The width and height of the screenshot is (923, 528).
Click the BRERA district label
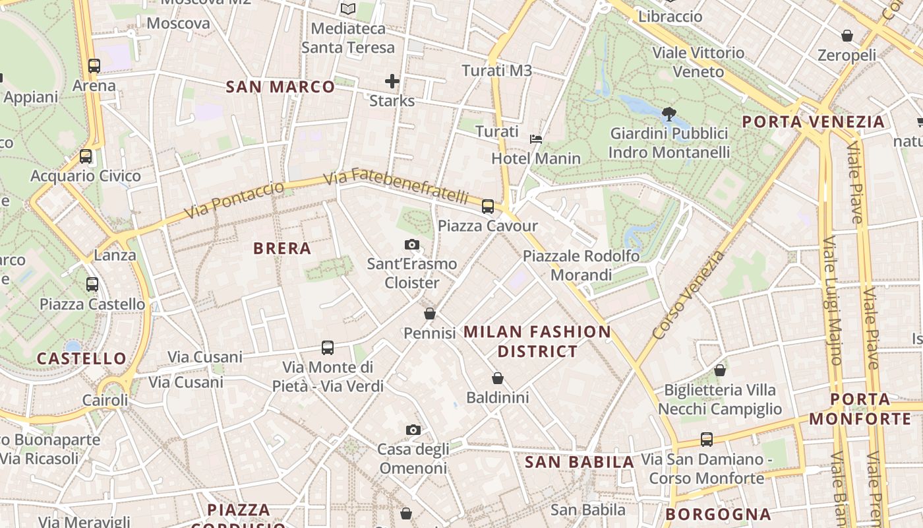[282, 248]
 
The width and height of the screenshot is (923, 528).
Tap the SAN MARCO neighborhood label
[280, 86]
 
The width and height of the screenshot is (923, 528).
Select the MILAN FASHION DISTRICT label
[537, 341]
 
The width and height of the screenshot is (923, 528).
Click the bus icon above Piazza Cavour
[488, 207]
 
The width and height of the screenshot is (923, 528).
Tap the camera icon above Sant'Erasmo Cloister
[412, 245]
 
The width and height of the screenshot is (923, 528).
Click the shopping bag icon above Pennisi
[430, 313]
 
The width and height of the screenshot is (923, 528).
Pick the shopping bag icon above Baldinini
[498, 378]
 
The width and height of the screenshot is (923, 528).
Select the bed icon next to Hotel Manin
[536, 139]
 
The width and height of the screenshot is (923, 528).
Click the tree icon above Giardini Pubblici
[669, 114]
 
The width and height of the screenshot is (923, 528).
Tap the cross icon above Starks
[392, 81]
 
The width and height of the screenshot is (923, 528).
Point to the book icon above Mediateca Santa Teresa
[347, 9]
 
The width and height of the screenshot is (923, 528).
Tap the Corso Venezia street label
[688, 295]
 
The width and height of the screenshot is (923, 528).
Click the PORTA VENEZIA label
[813, 121]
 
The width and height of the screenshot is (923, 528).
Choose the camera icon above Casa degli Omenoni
[413, 430]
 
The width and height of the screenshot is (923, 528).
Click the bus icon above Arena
[94, 66]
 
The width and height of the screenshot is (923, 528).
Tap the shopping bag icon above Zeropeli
[847, 36]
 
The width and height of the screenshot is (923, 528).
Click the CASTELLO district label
[81, 358]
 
